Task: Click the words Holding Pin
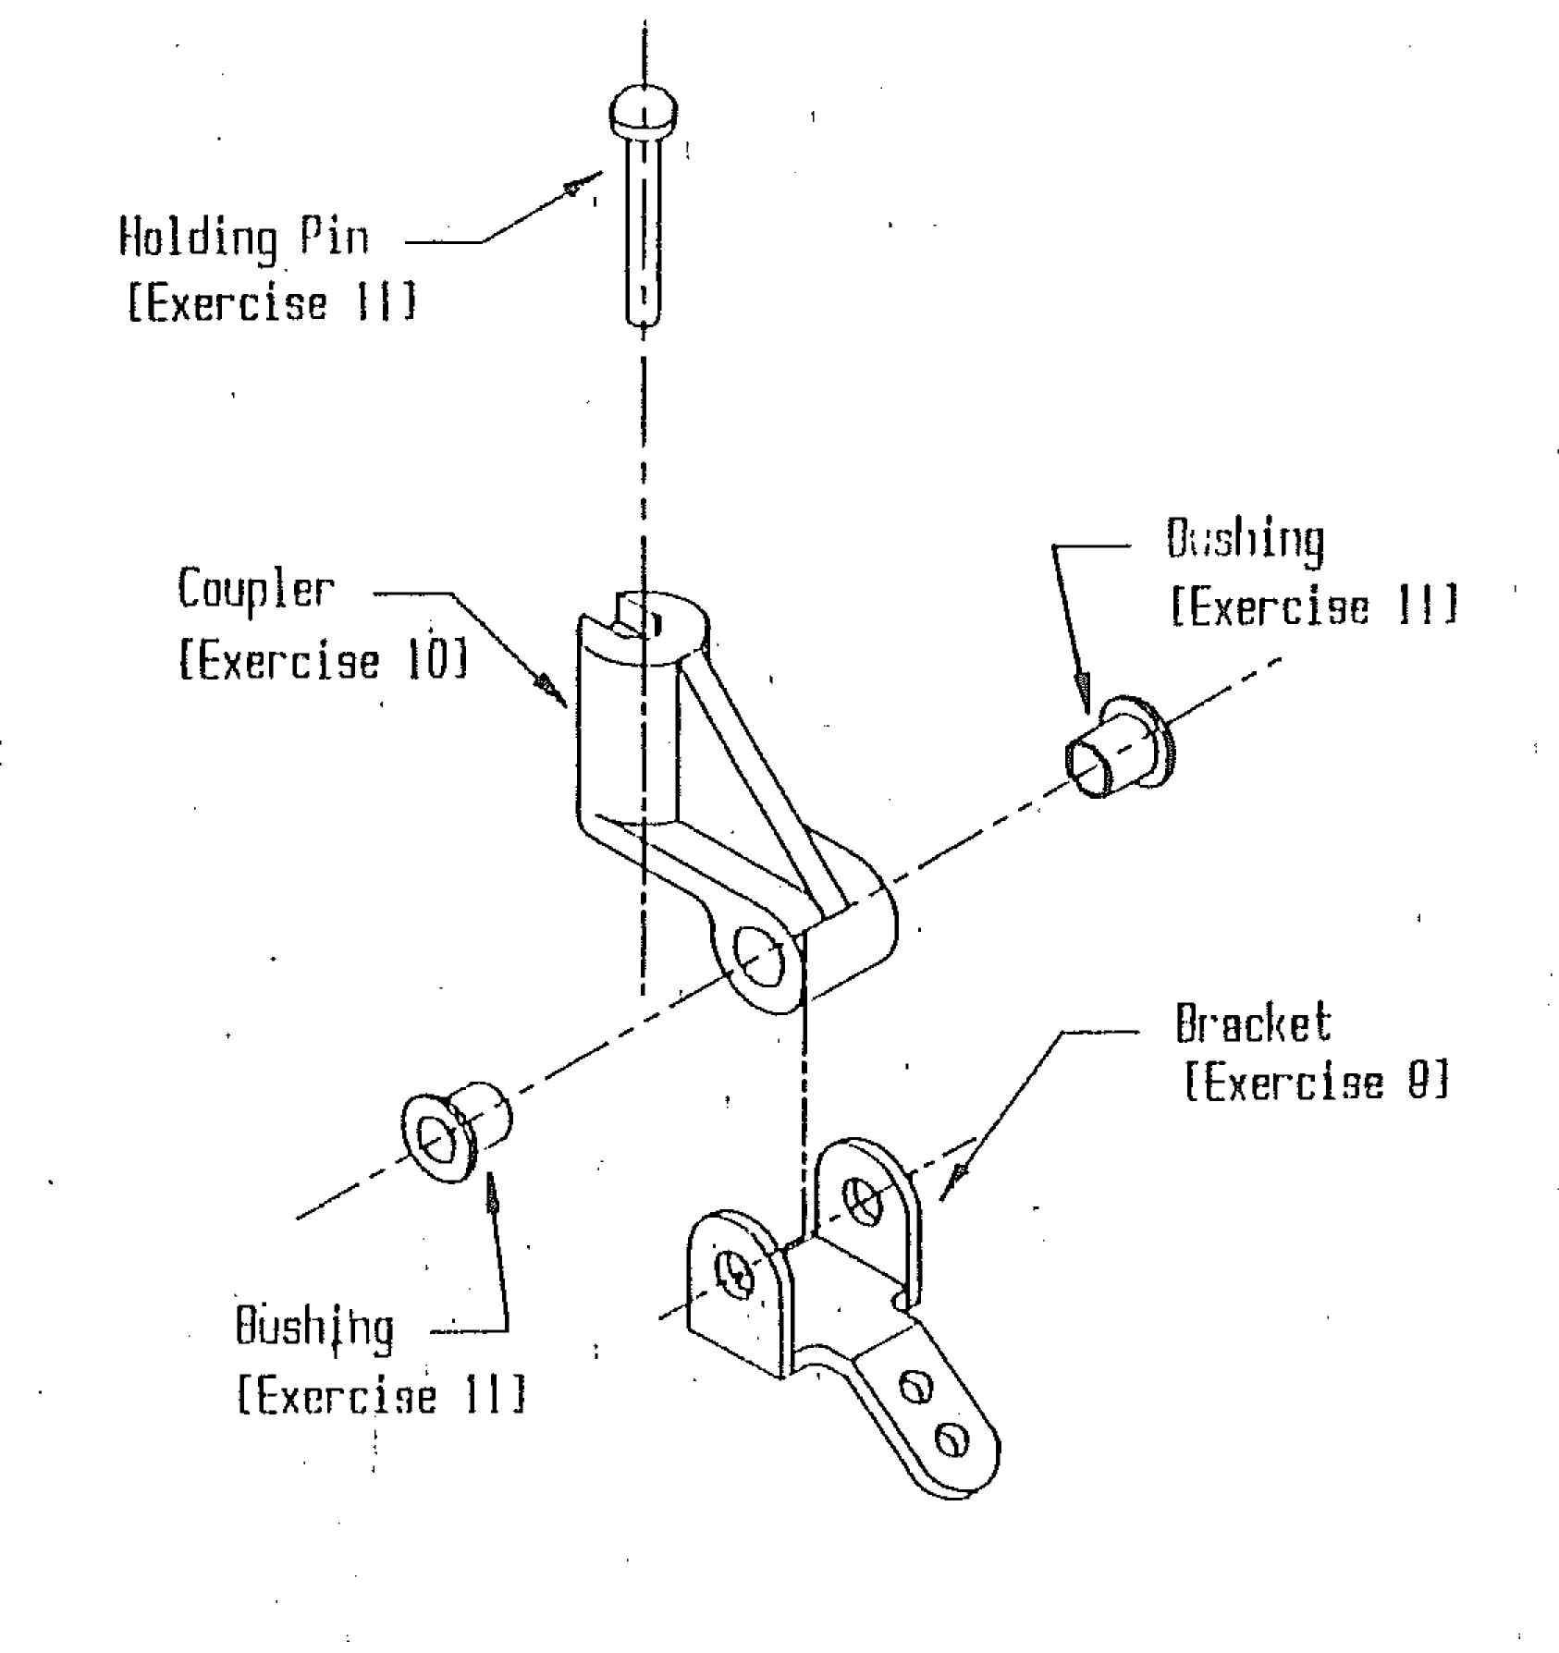(x=244, y=237)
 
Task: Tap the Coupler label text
(x=255, y=590)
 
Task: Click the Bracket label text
(x=1253, y=1024)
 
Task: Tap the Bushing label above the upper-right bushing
(x=1245, y=540)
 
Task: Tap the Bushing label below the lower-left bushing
(x=314, y=1329)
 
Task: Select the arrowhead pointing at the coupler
(x=553, y=687)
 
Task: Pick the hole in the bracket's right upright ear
(x=865, y=1203)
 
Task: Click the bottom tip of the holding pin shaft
(x=644, y=321)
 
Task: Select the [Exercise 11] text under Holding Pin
(x=272, y=303)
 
